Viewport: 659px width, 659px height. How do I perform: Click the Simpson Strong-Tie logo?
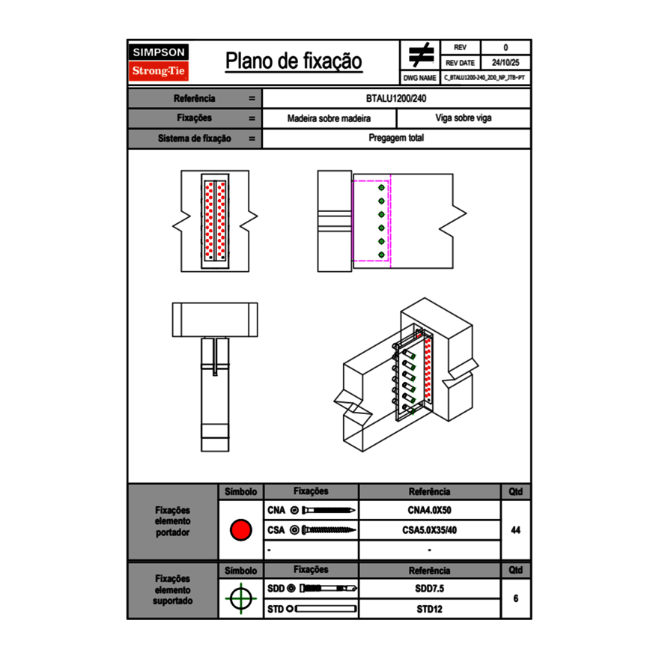click(x=160, y=62)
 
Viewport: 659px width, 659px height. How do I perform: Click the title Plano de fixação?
click(x=294, y=61)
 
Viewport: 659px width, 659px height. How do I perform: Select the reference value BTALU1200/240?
click(x=396, y=98)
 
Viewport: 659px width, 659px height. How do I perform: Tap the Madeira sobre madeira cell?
click(x=329, y=118)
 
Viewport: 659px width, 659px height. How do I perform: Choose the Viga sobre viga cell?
click(x=463, y=118)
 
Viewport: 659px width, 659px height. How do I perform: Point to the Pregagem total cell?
click(x=396, y=139)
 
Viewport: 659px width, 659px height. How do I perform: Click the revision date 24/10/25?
click(x=505, y=63)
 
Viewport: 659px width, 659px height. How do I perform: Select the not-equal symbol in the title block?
click(x=421, y=55)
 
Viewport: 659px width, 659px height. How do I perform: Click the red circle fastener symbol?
click(x=240, y=530)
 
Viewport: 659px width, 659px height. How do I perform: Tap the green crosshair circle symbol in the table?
click(x=240, y=598)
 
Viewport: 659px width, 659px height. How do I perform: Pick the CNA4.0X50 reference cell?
click(x=429, y=511)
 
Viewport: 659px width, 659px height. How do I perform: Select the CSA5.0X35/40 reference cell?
click(x=429, y=530)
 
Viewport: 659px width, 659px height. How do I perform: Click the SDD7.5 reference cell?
click(x=429, y=589)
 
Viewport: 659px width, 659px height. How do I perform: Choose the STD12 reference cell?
click(x=429, y=609)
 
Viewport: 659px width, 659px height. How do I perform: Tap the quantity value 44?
click(x=515, y=530)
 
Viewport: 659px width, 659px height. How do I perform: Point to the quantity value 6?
click(x=515, y=598)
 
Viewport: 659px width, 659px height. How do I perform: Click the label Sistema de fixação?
click(x=195, y=139)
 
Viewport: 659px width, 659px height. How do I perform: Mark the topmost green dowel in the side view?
click(x=381, y=188)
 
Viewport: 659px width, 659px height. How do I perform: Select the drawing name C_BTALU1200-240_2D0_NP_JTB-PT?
click(x=485, y=77)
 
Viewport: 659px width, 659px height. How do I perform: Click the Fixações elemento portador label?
click(x=173, y=521)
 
